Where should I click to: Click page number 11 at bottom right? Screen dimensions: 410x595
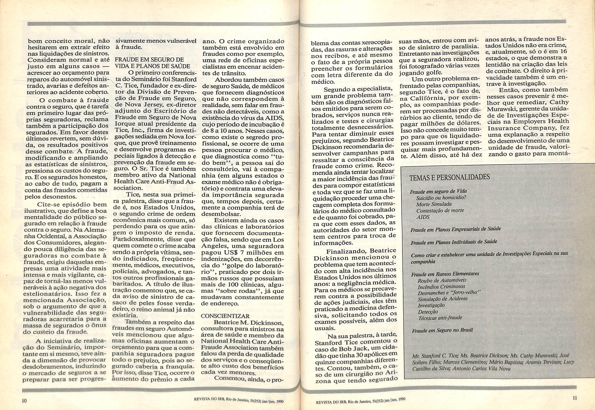point(575,398)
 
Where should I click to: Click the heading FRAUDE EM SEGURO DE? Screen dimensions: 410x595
point(149,60)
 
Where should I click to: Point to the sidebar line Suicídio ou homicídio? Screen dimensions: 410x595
point(441,198)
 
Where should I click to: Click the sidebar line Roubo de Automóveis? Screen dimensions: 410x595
point(442,280)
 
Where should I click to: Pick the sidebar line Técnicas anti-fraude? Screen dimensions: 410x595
point(440,318)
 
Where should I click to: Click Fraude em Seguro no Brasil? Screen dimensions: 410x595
point(442,330)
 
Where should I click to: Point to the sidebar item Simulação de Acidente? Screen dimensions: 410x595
point(443,299)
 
